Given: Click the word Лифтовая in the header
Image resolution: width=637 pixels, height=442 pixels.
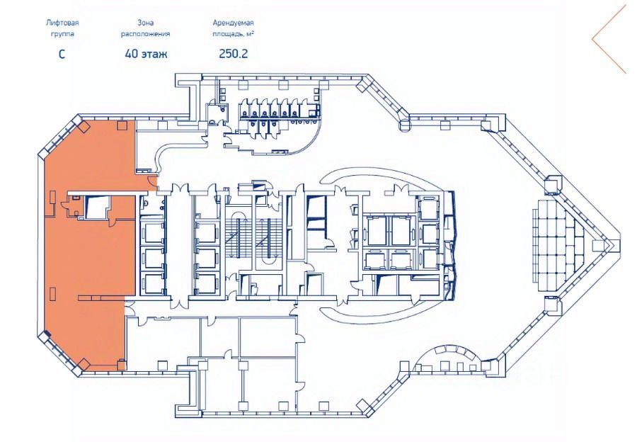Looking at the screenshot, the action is tap(62, 23).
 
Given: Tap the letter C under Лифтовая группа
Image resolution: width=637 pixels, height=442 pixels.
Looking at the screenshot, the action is tap(62, 54).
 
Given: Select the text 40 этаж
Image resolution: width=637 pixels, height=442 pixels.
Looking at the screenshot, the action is tap(146, 54).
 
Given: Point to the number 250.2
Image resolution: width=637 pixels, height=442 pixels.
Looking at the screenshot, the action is tap(233, 54).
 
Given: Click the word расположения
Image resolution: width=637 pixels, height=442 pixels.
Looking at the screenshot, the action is tap(145, 34).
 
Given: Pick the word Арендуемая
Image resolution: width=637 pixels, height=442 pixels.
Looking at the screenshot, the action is tap(233, 23).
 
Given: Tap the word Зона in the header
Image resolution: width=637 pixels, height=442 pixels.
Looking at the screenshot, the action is tap(145, 23).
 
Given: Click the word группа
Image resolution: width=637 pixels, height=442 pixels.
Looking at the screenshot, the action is tap(62, 34).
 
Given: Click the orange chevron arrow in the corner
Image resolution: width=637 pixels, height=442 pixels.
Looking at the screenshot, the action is tap(609, 40).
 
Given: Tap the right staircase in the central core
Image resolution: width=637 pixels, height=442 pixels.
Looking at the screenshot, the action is tap(268, 238).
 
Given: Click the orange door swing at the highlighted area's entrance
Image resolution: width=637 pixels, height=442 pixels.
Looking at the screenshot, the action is tap(152, 183).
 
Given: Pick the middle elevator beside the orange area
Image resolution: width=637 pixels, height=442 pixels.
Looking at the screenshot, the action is tap(152, 259).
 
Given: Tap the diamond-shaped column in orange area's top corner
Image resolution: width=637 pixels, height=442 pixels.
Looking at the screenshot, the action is tap(84, 127).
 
